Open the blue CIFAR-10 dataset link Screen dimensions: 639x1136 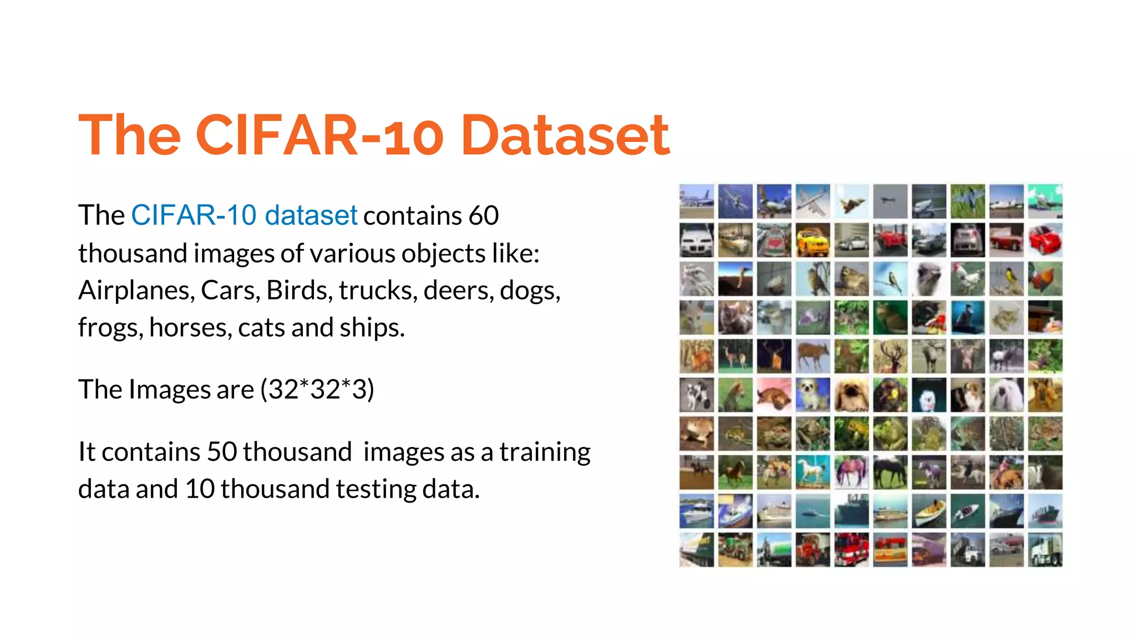[x=244, y=215]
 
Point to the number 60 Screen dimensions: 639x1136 [x=483, y=215]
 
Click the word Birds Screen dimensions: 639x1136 [x=299, y=290]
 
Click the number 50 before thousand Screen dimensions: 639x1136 [x=222, y=452]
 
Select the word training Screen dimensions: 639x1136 [x=545, y=452]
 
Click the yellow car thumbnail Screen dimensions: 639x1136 [x=813, y=240]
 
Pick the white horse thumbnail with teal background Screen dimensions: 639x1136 [x=813, y=472]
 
